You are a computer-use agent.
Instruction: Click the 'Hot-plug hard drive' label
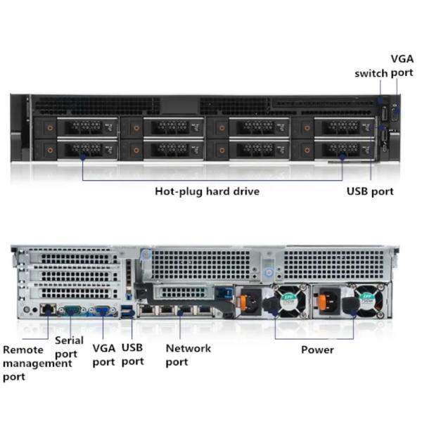click(x=207, y=191)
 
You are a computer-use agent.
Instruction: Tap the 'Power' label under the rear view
click(x=317, y=350)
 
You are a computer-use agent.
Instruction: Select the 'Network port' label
click(x=188, y=354)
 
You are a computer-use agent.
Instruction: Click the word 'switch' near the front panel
click(x=371, y=74)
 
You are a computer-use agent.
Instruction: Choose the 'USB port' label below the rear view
click(x=132, y=354)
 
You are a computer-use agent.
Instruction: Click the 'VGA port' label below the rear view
click(x=103, y=354)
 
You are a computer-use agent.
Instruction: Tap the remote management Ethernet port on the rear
click(x=47, y=309)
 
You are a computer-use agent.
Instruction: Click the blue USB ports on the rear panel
click(x=127, y=310)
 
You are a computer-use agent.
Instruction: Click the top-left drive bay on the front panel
click(x=77, y=127)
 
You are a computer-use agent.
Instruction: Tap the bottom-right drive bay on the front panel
click(x=334, y=150)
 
